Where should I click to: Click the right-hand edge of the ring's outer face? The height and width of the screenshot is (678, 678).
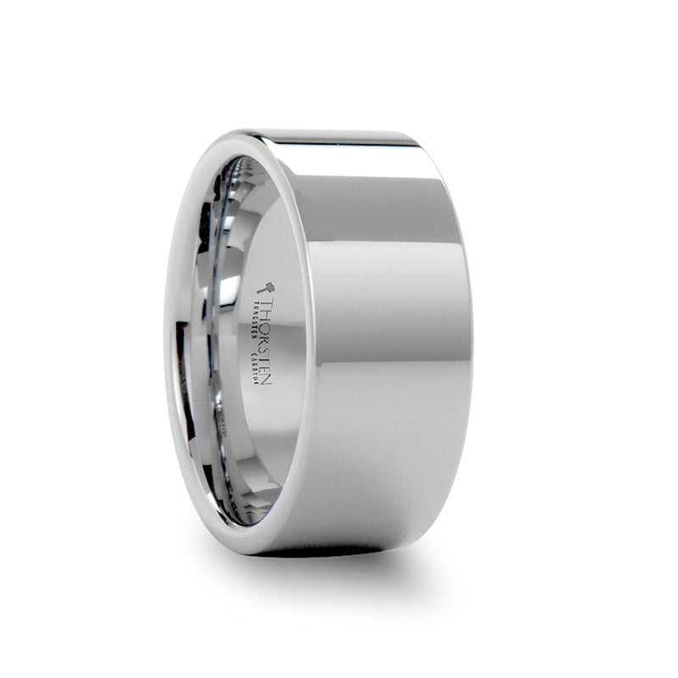click(x=470, y=339)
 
